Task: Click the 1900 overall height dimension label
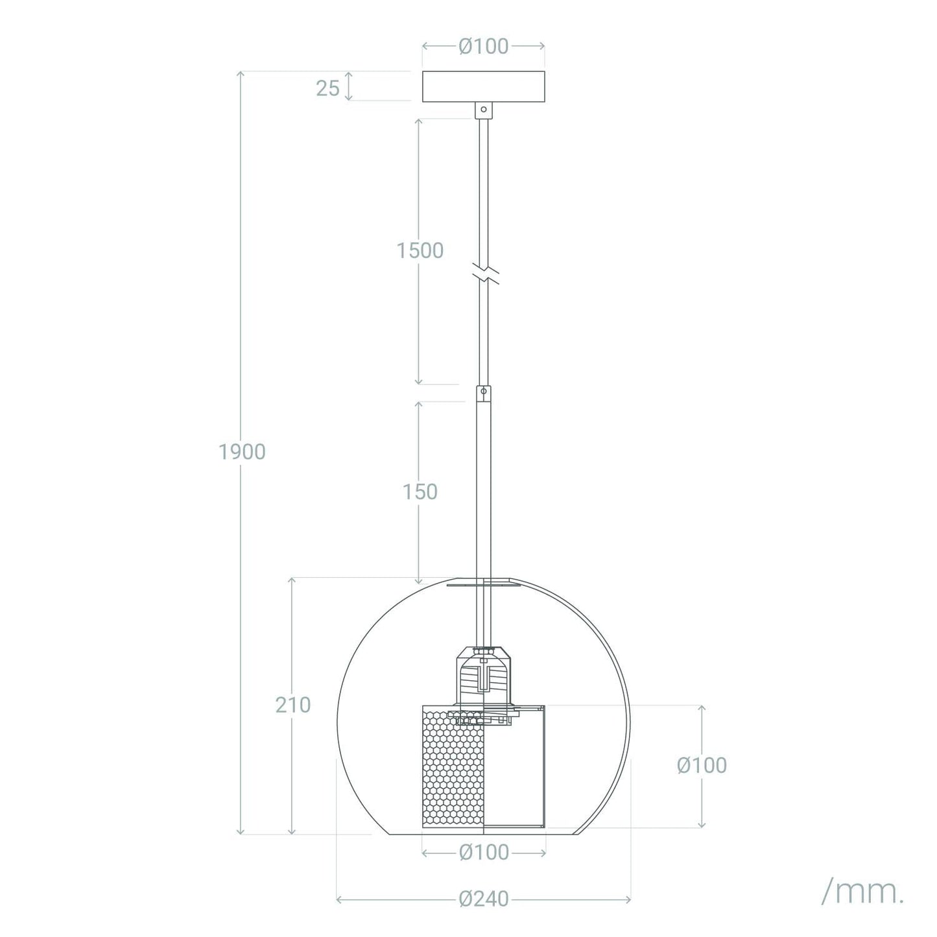[242, 452]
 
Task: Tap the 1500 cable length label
[420, 251]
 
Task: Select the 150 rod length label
[420, 492]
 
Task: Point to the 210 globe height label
[292, 705]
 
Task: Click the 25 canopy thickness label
[327, 88]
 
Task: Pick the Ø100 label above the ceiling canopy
[483, 46]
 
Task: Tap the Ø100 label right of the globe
[702, 765]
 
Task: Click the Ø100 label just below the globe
[484, 852]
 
